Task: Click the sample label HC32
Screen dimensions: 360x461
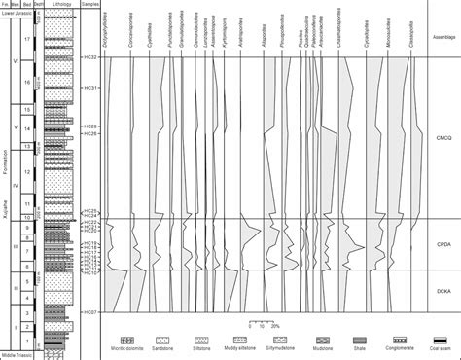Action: pyautogui.click(x=90, y=57)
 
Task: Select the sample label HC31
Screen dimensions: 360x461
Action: pyautogui.click(x=90, y=88)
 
